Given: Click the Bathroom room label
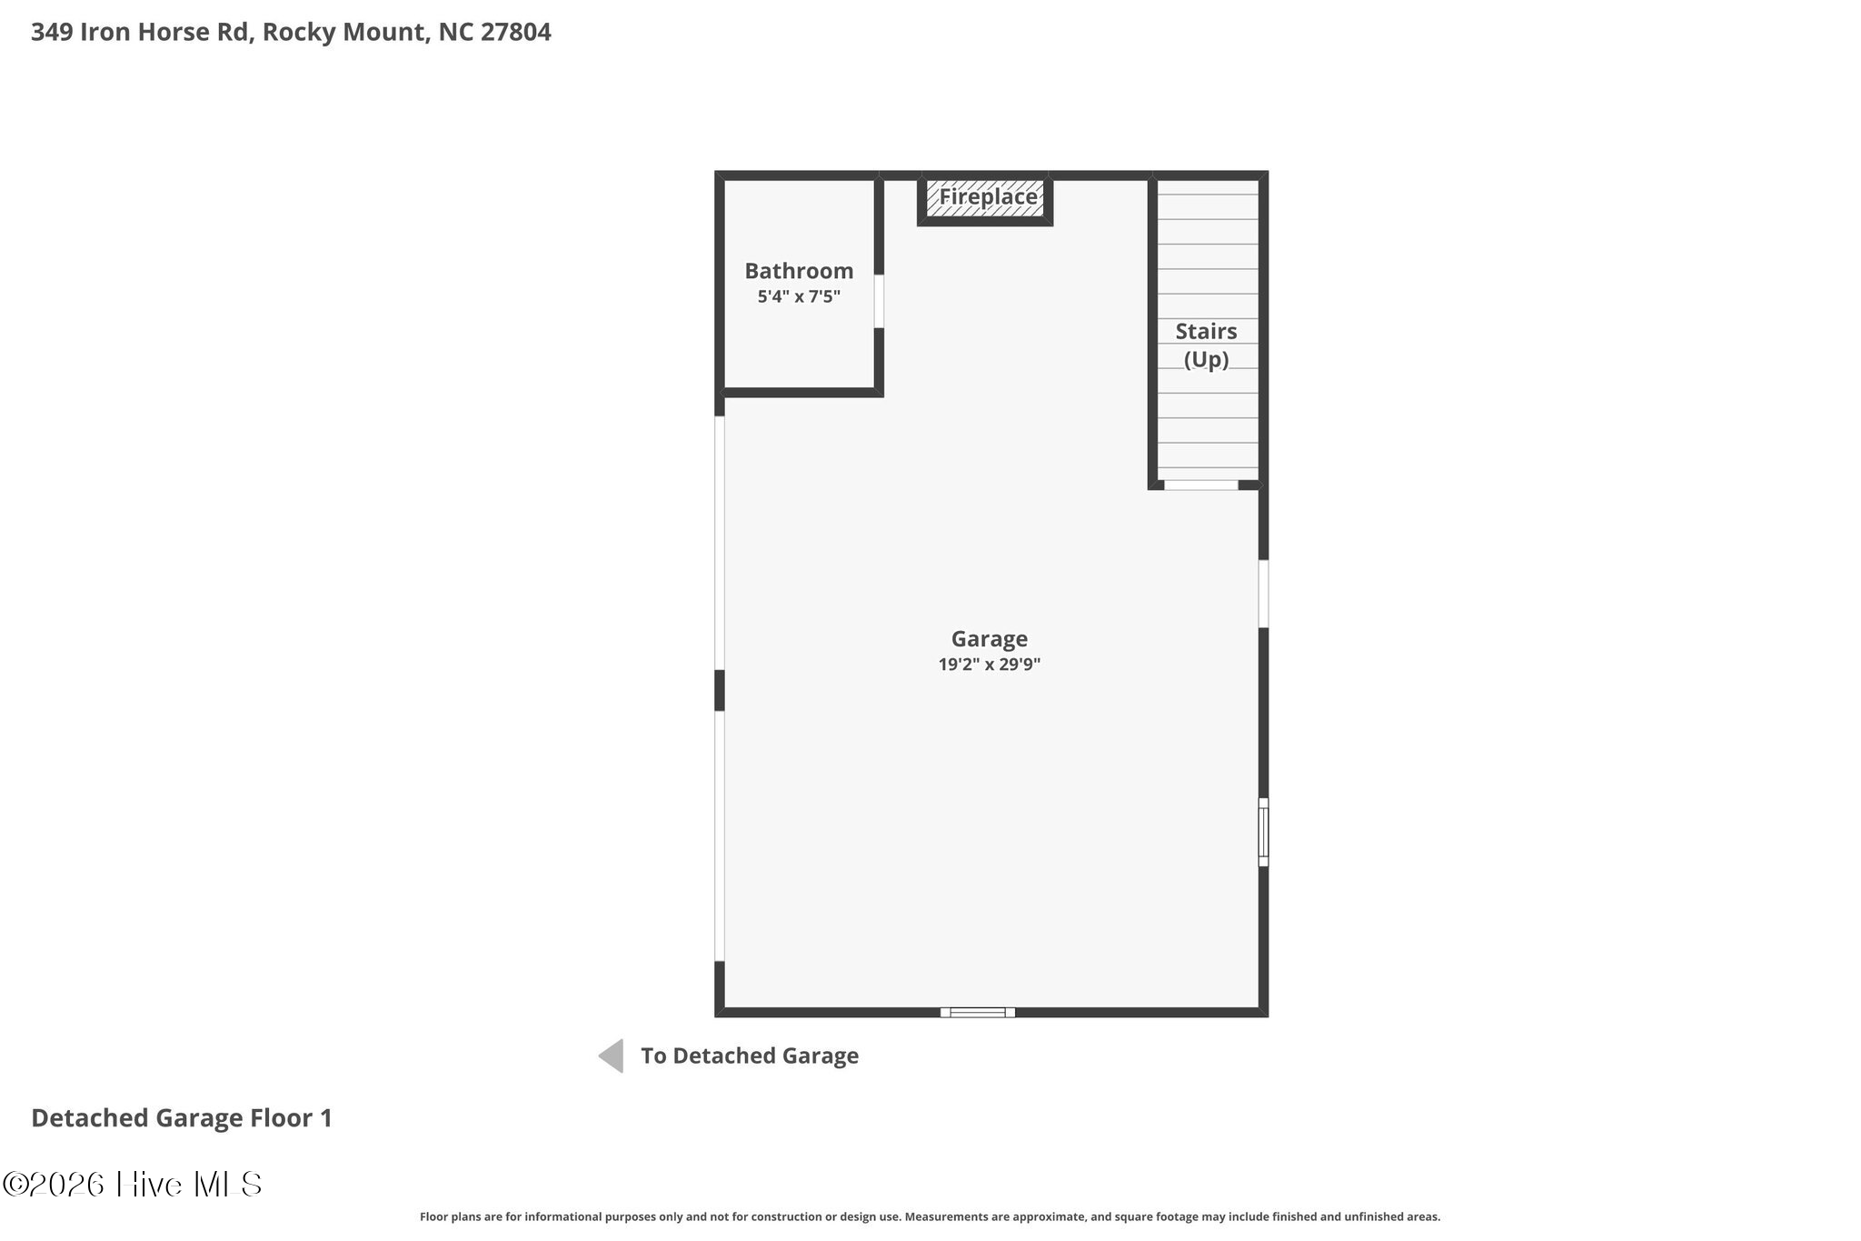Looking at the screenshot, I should [x=799, y=271].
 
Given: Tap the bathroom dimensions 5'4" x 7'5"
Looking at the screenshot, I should [x=799, y=296].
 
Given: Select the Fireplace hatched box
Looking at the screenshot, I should [x=986, y=198].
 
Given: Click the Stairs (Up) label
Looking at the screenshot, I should [x=1206, y=345].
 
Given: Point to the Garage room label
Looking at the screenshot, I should [x=989, y=639].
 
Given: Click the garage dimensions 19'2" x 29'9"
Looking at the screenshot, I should [x=989, y=665].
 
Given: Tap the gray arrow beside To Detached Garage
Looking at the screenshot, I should [x=612, y=1056].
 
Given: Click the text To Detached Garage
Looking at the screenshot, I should [x=749, y=1056].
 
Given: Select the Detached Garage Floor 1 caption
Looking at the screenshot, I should [x=182, y=1118].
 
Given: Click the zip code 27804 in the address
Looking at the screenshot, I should [x=515, y=33].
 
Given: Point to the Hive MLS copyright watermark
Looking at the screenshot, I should [x=133, y=1184].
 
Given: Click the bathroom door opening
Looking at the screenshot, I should [x=879, y=301].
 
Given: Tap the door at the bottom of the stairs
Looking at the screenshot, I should [x=1200, y=485].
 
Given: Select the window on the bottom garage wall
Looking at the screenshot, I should [x=977, y=1012].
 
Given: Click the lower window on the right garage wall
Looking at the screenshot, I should [x=1263, y=832].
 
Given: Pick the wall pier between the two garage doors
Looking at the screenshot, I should [x=720, y=690].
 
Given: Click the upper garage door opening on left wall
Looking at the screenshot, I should [x=720, y=543].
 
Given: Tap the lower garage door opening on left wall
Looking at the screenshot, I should [x=720, y=836].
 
